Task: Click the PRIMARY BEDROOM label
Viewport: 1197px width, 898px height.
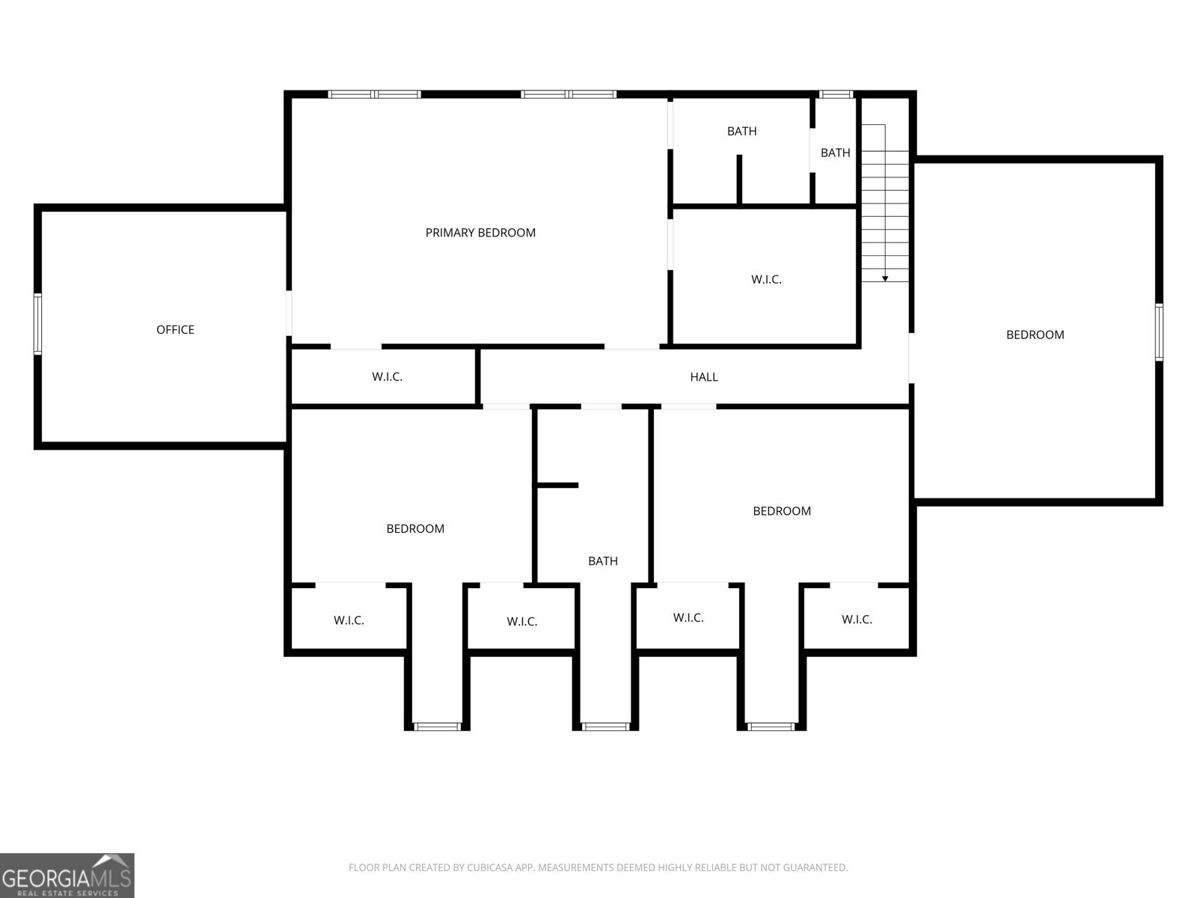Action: click(480, 233)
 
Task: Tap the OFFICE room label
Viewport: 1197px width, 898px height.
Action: click(175, 329)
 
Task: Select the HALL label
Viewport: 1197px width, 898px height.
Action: click(703, 376)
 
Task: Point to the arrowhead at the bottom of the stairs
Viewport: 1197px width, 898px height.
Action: click(884, 278)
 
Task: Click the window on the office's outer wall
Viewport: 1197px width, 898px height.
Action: click(37, 324)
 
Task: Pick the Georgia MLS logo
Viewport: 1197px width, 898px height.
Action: click(67, 876)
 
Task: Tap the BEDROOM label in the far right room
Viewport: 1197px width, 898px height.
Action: click(1035, 335)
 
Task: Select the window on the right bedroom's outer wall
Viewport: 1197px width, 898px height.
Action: click(1159, 332)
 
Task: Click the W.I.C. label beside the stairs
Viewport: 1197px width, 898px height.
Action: click(765, 280)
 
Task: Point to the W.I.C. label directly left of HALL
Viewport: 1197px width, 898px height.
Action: click(387, 376)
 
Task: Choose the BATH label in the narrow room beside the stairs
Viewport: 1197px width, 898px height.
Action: click(835, 153)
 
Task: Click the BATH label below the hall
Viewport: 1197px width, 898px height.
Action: click(602, 561)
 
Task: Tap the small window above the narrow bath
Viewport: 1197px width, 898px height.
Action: click(836, 94)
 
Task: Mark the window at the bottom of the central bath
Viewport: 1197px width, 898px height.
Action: click(604, 726)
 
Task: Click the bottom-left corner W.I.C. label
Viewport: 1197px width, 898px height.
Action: click(349, 620)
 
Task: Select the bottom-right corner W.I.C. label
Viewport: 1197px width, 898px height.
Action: click(856, 620)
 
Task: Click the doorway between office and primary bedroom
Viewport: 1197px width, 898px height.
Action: click(289, 314)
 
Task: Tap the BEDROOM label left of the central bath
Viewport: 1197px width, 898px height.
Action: click(415, 529)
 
